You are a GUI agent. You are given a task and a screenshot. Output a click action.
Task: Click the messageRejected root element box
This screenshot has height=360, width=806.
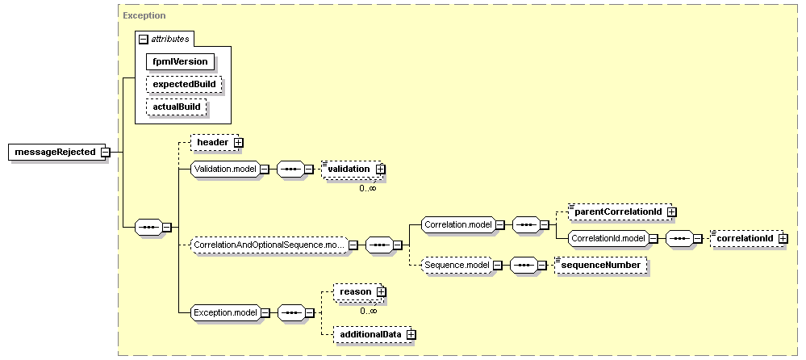(x=56, y=153)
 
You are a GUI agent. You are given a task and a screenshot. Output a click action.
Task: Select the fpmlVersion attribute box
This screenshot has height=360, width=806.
(x=180, y=61)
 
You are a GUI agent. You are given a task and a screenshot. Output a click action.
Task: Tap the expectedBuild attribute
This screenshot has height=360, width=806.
(x=184, y=84)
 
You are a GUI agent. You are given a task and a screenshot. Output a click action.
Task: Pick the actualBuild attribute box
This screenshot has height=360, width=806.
(x=177, y=107)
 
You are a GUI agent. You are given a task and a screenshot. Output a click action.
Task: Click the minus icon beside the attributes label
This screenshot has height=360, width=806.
(x=144, y=39)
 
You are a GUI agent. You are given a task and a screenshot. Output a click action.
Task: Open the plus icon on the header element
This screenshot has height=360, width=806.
(x=238, y=142)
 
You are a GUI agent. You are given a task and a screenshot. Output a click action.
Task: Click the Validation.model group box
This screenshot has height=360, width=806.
(x=225, y=170)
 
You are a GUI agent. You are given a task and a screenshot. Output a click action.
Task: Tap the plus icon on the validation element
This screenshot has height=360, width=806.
(x=380, y=169)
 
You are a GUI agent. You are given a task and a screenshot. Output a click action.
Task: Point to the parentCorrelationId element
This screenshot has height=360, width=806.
(x=620, y=211)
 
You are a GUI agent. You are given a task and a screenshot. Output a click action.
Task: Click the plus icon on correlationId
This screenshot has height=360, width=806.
(x=783, y=239)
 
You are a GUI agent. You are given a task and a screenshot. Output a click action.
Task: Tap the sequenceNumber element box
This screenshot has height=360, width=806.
(x=601, y=266)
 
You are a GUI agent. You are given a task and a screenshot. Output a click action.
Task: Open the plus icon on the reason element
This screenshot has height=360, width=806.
(x=381, y=292)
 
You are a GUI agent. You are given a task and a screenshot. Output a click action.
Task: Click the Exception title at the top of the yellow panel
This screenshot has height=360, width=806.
(x=144, y=15)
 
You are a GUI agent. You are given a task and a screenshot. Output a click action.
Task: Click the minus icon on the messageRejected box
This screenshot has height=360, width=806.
(x=106, y=153)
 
